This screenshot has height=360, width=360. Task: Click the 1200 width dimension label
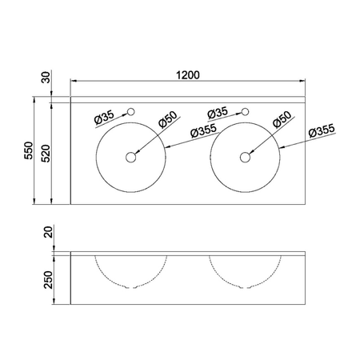click(188, 75)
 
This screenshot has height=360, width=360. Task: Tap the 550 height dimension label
click(29, 150)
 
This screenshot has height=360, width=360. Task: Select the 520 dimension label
click(46, 154)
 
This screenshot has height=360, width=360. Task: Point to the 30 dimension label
click(46, 78)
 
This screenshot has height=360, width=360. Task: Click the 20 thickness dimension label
click(49, 232)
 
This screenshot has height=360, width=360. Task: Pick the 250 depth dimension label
click(49, 280)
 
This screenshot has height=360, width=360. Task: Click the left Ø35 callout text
click(104, 118)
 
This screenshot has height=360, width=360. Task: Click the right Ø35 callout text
click(218, 113)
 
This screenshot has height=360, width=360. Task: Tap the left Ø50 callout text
click(168, 119)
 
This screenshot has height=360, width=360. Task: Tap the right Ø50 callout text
click(282, 119)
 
